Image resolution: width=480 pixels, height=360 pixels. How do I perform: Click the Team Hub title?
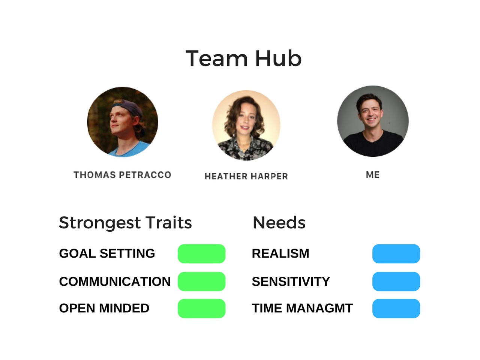point(243,58)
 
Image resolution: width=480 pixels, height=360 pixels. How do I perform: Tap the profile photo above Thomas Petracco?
point(123,122)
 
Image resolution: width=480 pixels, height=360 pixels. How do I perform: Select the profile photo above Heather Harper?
point(246,125)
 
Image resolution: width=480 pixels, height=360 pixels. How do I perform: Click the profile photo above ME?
point(373,121)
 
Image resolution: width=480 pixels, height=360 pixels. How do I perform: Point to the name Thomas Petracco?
point(123,175)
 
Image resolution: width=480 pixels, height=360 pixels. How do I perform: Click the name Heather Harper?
point(246,176)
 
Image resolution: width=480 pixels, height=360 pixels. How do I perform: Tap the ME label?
point(373,175)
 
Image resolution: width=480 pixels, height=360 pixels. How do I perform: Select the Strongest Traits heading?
point(125,223)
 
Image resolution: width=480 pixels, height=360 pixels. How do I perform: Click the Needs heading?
point(279,223)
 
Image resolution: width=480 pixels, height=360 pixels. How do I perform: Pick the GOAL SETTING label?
point(107,253)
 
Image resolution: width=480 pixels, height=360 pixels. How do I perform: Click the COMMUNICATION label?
point(115,282)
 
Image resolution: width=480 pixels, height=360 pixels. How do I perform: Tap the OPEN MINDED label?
point(104,308)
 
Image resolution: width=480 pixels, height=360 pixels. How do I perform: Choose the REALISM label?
point(280,253)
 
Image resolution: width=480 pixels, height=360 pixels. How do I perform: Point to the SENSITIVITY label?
point(291,282)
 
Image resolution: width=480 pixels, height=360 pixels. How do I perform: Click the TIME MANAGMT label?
point(302,308)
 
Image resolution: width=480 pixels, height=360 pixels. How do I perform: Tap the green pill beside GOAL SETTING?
point(202,254)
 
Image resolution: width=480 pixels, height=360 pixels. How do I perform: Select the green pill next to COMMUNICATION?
point(202,282)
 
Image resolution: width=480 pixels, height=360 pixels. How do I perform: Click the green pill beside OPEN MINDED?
point(202,308)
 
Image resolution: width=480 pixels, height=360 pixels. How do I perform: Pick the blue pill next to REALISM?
point(396,254)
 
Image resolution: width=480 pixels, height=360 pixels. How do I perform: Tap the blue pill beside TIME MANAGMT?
point(396,308)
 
